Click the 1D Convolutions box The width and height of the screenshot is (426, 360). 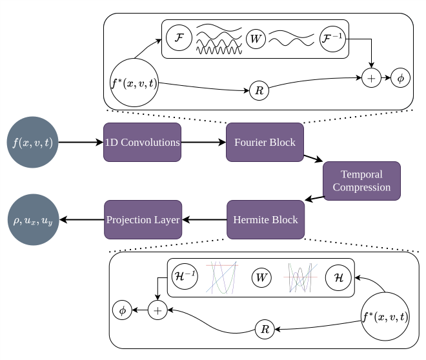(142, 142)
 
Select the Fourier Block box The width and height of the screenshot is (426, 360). (265, 142)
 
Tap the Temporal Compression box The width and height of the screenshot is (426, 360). (361, 181)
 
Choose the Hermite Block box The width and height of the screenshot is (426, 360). (265, 219)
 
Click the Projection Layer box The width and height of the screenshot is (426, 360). (143, 219)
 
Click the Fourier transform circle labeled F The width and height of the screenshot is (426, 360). (179, 39)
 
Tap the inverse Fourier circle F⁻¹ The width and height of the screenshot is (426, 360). (333, 39)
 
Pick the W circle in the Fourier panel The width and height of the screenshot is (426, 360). (256, 39)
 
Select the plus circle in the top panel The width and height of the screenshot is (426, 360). (372, 77)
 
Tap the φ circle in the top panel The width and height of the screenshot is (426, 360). (400, 77)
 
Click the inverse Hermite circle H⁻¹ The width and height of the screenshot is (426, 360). (184, 276)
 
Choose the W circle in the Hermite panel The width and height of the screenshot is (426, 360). (261, 277)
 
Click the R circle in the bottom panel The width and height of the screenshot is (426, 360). (265, 329)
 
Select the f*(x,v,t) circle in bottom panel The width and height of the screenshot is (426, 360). (385, 316)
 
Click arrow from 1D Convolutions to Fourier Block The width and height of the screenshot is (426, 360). (203, 142)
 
